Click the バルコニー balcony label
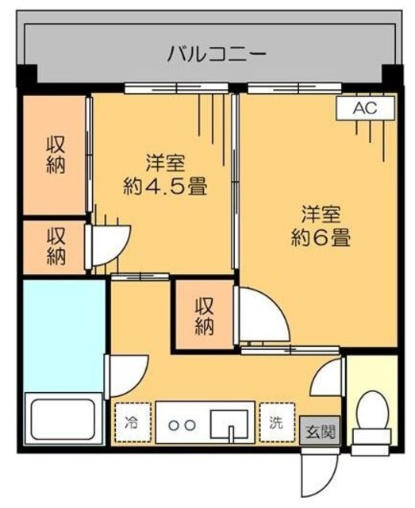pyautogui.click(x=206, y=55)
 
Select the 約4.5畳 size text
pyautogui.click(x=165, y=189)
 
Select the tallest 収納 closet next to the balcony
pyautogui.click(x=54, y=156)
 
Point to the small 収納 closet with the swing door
pyautogui.click(x=54, y=246)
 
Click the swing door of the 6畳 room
pyautogui.click(x=261, y=317)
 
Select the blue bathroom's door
pyautogui.click(x=125, y=373)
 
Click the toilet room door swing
pyautogui.click(x=327, y=378)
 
